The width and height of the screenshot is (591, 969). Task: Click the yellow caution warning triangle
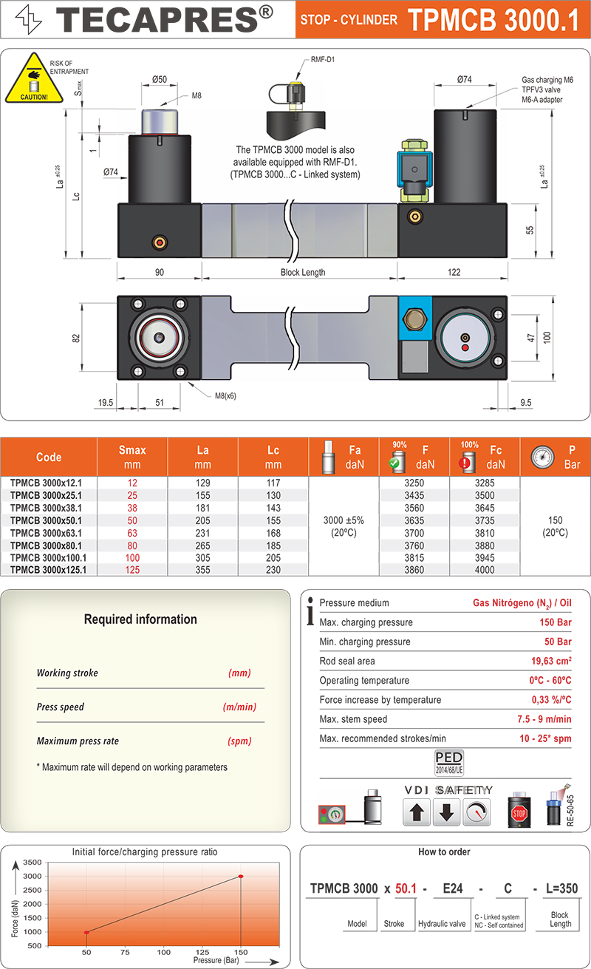29,79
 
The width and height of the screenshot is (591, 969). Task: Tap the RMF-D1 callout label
323,59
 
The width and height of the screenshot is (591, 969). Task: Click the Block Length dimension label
303,272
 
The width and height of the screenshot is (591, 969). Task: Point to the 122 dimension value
454,272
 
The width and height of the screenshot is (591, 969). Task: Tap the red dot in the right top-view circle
464,347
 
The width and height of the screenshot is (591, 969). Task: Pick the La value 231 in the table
202,532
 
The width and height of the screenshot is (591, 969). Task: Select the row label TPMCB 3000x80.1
48,545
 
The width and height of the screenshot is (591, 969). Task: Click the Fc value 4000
485,570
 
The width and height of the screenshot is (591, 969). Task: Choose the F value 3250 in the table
414,482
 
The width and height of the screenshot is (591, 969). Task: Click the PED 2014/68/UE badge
448,762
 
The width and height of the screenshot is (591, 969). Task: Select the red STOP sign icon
519,815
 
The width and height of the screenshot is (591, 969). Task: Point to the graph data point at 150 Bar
241,877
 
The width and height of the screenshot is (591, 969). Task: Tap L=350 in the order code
560,889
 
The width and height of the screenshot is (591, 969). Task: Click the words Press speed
61,707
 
